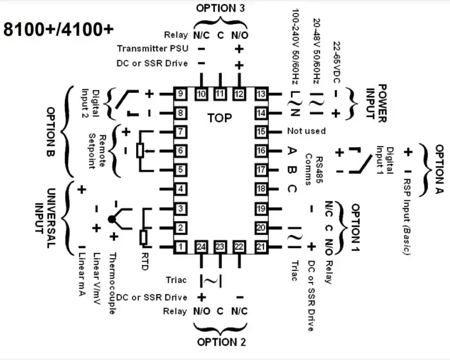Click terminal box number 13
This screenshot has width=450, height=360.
pos(261,94)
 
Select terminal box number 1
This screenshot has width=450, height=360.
pos(181,247)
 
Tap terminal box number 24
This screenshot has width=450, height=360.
pos(201,247)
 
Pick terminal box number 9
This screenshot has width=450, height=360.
pos(181,94)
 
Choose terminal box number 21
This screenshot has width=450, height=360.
pos(261,247)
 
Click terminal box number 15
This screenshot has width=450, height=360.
pos(261,132)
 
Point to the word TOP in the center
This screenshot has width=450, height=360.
pos(220,118)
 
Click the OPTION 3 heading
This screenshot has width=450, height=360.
pos(221,8)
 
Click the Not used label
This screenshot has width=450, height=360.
pos(306,132)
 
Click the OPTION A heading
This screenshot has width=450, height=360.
pos(440,169)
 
